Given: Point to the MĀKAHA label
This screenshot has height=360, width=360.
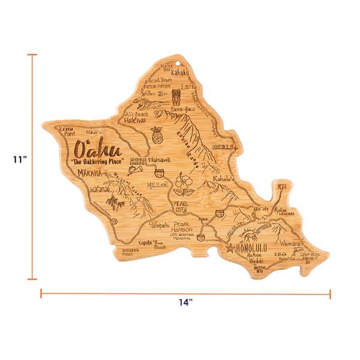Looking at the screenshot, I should tap(91, 174).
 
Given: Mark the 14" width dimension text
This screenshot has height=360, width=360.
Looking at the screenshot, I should tap(185, 302).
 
